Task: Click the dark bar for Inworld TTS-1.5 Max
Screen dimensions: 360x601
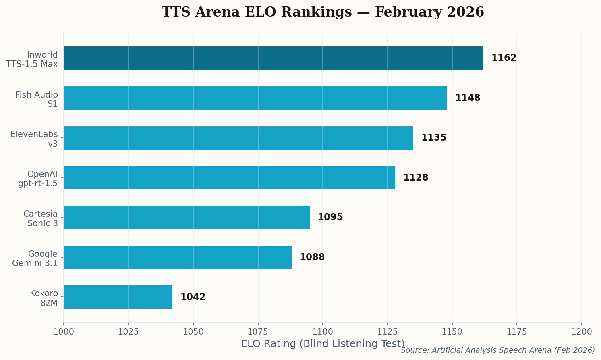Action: coord(274,58)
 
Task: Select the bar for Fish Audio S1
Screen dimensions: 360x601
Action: coord(255,98)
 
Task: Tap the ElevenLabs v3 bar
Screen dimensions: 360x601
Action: coord(238,138)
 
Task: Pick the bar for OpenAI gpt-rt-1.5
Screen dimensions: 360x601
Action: coord(229,178)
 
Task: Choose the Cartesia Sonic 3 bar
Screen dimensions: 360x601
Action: coord(187,217)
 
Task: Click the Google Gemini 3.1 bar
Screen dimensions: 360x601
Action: coord(178,257)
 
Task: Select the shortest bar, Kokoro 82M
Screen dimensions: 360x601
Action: coord(118,297)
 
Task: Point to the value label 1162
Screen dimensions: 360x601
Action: coord(504,58)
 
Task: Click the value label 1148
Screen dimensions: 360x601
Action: coord(467,98)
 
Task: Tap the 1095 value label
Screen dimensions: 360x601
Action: coord(330,217)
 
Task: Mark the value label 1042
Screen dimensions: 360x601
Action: coord(193,297)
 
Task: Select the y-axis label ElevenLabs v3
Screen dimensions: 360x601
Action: coord(34,139)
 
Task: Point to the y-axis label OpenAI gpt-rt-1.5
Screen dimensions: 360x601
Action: coord(38,179)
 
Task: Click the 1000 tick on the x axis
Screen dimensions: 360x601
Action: coord(64,332)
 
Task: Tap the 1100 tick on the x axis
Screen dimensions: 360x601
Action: coord(323,332)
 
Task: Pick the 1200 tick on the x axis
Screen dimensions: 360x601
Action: coord(581,332)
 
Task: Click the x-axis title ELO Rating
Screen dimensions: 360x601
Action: coord(323,344)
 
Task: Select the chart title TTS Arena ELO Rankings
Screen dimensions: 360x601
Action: coord(323,12)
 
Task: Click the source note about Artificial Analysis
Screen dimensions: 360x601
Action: coord(497,350)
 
